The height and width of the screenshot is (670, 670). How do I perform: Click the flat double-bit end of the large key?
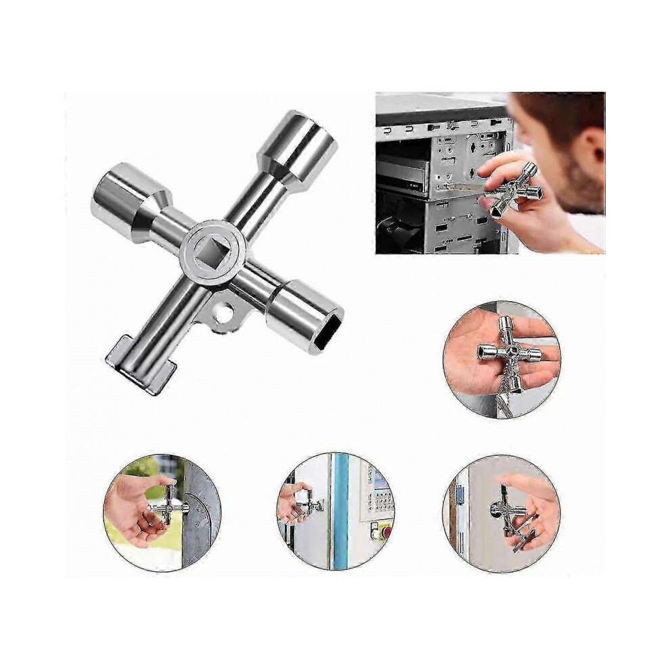click(140, 365)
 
